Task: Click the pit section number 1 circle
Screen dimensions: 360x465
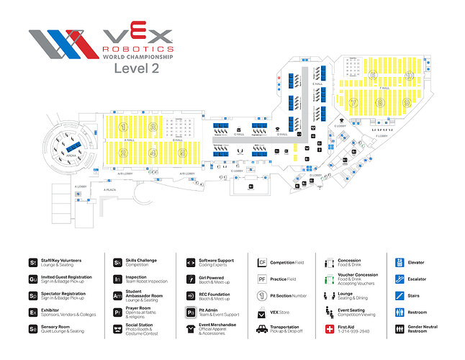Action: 124,127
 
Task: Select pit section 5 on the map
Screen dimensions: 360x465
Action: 183,153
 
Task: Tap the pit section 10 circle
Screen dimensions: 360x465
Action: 410,75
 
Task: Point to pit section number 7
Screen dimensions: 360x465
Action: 353,103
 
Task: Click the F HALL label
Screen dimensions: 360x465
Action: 386,89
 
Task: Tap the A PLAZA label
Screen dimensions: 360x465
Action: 109,190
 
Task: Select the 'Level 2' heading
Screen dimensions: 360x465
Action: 137,68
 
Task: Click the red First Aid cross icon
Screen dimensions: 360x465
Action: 331,329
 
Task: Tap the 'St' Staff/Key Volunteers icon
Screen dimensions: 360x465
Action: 33,262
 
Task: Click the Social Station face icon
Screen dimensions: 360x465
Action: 118,329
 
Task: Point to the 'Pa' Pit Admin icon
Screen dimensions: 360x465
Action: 190,312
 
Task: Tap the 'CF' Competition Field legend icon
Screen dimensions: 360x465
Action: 263,262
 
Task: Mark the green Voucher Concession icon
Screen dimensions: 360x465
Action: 331,279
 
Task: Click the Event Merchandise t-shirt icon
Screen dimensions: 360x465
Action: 190,329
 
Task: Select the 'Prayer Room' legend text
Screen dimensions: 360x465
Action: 140,310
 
